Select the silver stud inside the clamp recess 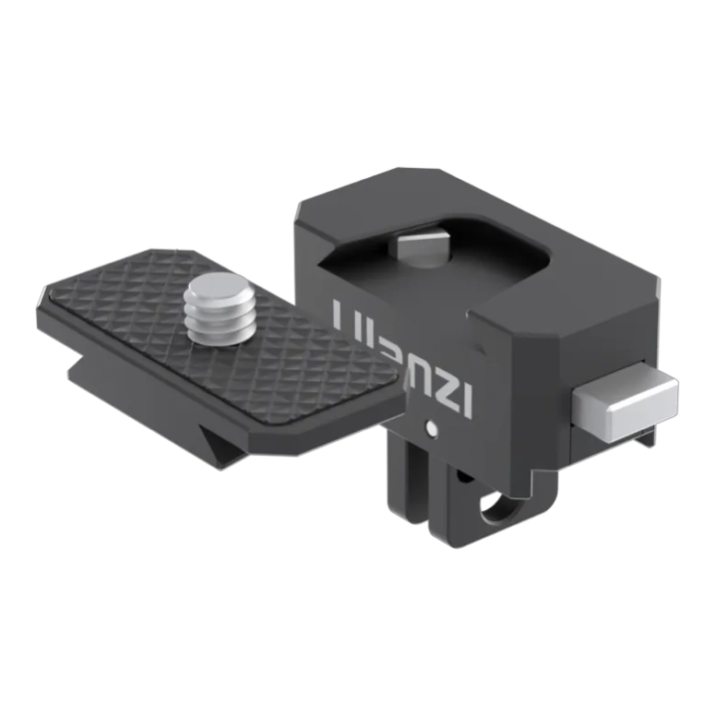coord(420,247)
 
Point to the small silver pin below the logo coord(431,427)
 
